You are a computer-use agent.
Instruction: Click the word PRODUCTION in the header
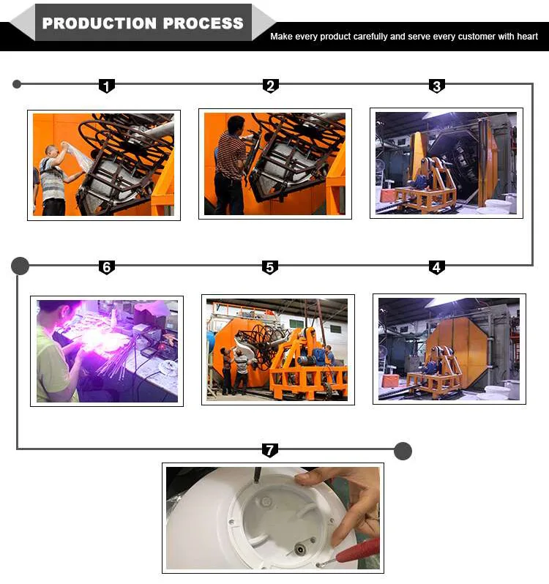coord(99,23)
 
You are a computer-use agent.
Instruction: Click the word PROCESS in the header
coord(203,23)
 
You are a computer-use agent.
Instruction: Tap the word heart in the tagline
coord(527,37)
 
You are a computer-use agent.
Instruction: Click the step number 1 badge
coord(107,86)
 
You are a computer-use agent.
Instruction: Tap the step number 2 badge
coord(271,86)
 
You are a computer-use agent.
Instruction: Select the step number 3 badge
coord(437,86)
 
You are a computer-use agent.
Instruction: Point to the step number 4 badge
coord(437,267)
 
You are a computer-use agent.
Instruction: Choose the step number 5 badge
coord(270,267)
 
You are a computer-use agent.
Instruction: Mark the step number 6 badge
coord(107,267)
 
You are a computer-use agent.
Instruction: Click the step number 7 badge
coord(270,450)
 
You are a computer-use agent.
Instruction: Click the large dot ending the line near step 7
coord(403,451)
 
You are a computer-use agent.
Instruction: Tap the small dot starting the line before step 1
coord(17,84)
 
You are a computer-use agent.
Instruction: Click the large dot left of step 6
coord(20,266)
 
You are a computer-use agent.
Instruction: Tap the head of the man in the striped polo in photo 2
coord(236,125)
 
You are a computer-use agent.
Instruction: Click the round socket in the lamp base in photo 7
coord(300,549)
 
